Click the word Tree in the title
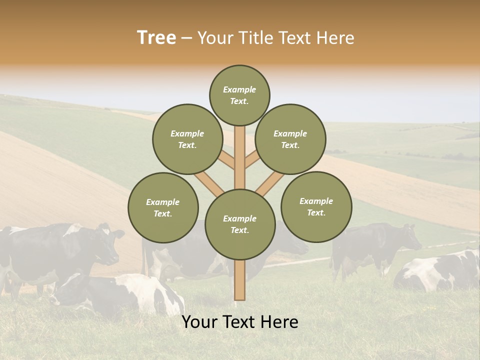click(156, 38)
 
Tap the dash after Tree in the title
click(186, 38)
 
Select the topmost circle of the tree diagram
click(239, 95)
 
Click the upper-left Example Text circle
click(187, 139)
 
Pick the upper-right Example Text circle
click(290, 139)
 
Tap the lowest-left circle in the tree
click(163, 207)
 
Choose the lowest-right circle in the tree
click(316, 206)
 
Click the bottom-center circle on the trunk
click(240, 224)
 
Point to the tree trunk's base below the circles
click(240, 282)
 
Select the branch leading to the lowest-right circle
click(270, 183)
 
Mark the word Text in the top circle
click(239, 101)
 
